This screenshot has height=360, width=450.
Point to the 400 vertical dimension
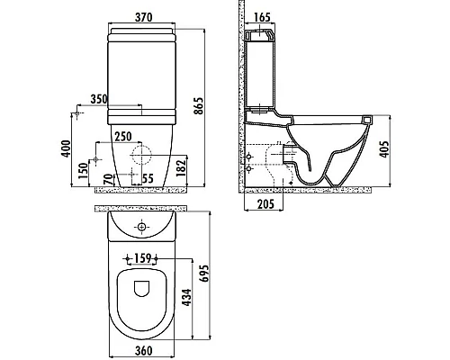point(65,149)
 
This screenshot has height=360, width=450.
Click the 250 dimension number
point(122,135)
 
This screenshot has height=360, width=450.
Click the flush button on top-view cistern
point(142,226)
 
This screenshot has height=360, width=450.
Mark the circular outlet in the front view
point(139,155)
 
